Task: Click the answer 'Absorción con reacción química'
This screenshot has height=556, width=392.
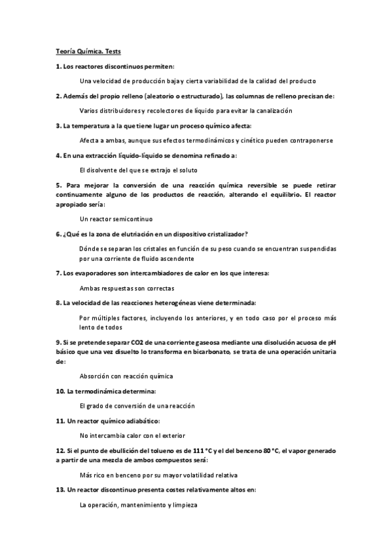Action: point(126,376)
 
